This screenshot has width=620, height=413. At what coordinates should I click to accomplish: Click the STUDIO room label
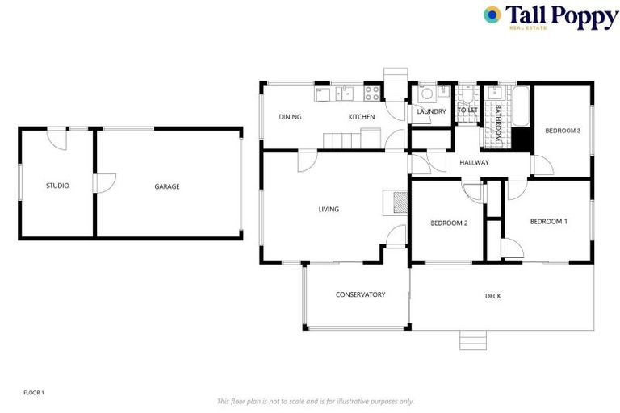tap(57, 186)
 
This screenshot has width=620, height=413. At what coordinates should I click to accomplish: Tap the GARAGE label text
tap(167, 186)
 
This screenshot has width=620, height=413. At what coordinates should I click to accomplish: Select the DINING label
tap(290, 117)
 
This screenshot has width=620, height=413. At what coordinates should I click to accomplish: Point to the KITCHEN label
tap(362, 117)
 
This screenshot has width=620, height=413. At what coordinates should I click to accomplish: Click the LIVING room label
tap(329, 209)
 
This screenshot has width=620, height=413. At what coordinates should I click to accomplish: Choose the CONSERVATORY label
tap(360, 294)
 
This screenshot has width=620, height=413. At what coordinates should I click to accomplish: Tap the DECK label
tap(493, 296)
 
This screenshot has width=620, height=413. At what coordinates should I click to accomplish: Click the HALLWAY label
tap(475, 163)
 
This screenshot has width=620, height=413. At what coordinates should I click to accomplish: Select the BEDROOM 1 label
tap(548, 221)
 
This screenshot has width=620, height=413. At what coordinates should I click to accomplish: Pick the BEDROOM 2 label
tap(449, 223)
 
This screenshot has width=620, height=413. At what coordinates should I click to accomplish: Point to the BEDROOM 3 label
tap(563, 131)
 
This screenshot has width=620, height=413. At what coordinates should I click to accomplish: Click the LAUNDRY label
tap(431, 111)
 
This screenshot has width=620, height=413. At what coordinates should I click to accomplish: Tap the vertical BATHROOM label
tap(498, 123)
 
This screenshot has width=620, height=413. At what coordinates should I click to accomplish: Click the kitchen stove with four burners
tap(373, 93)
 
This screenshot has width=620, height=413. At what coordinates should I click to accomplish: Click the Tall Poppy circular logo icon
tap(492, 15)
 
